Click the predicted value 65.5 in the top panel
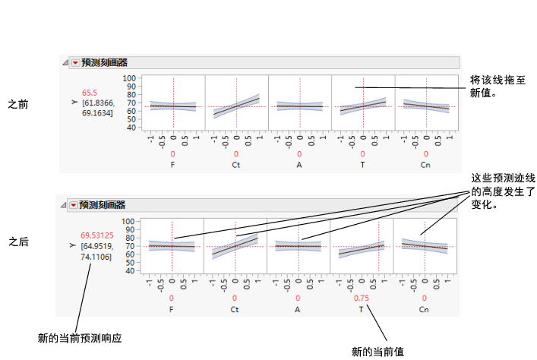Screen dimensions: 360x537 point(90,93)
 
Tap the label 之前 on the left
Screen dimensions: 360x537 point(18,103)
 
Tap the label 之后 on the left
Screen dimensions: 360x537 point(18,242)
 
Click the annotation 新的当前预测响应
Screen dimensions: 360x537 point(80,336)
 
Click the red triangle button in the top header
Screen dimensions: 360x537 point(74,63)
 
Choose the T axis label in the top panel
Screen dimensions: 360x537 point(362,163)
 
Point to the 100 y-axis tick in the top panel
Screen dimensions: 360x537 point(129,78)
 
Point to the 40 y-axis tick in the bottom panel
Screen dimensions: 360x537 point(129,270)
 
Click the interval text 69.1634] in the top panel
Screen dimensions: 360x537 point(96,112)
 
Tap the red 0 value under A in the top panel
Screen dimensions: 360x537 point(299,153)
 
